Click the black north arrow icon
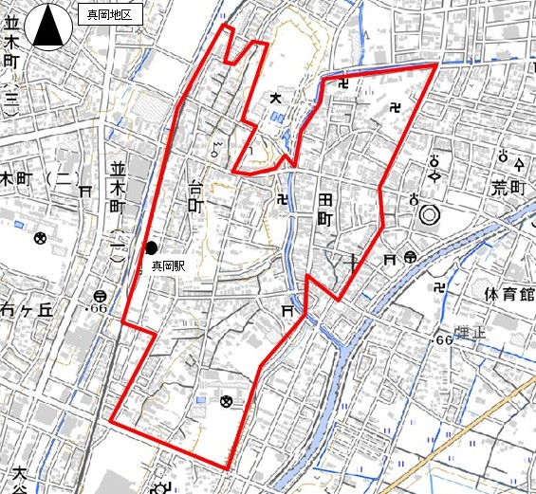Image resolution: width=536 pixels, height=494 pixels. click(x=47, y=27)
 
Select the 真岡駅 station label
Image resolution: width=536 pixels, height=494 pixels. click(x=168, y=267)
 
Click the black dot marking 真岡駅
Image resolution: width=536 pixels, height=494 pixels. click(x=152, y=248)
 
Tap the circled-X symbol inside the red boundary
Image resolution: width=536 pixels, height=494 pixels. click(x=226, y=401)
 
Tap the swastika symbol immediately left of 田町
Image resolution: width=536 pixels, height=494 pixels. click(x=282, y=199)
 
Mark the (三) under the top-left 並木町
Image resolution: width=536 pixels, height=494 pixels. click(x=10, y=99)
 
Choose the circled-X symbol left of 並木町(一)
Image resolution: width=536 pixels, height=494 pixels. click(x=41, y=237)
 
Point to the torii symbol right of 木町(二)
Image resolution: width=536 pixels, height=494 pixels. click(x=85, y=191)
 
